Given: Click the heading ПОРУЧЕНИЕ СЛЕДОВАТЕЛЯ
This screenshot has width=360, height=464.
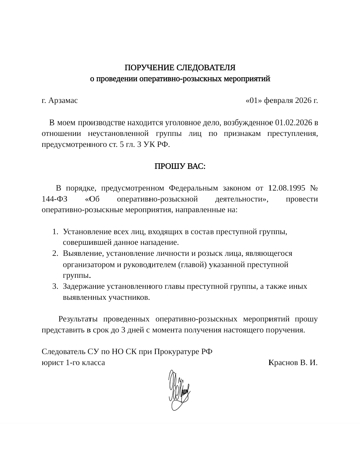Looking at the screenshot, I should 180,68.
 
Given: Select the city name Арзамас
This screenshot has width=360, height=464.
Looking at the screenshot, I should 63,100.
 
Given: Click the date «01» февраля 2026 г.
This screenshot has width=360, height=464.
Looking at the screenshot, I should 281,100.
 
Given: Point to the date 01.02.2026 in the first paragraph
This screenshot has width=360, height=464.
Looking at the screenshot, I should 294,123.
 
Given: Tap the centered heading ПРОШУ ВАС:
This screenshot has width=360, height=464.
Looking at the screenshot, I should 180,166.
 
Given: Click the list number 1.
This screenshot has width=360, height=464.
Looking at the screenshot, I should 55,232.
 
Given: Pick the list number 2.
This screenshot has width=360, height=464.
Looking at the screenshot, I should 55,253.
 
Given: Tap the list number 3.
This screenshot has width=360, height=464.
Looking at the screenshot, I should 55,286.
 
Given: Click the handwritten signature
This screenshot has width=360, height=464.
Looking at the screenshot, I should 179,390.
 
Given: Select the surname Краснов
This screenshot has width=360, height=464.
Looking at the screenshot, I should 283,363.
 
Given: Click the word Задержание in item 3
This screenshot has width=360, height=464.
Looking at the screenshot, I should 84,286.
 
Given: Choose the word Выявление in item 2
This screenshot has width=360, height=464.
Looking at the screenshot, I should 82,253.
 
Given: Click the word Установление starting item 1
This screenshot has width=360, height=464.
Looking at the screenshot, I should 87,232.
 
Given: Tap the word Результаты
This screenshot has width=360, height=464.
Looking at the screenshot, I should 78,319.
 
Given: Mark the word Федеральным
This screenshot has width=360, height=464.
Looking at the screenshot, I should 193,188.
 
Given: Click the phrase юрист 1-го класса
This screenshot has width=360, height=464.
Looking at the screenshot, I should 73,363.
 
